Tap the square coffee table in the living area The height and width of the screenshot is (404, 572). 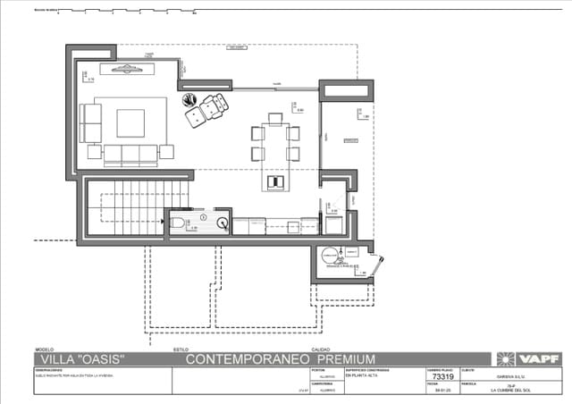[x=130, y=122]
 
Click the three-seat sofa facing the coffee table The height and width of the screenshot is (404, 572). [x=130, y=152]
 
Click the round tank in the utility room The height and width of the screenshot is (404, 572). [x=332, y=256]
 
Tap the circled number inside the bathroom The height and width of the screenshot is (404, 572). [x=203, y=217]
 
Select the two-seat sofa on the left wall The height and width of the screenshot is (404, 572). [x=91, y=122]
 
